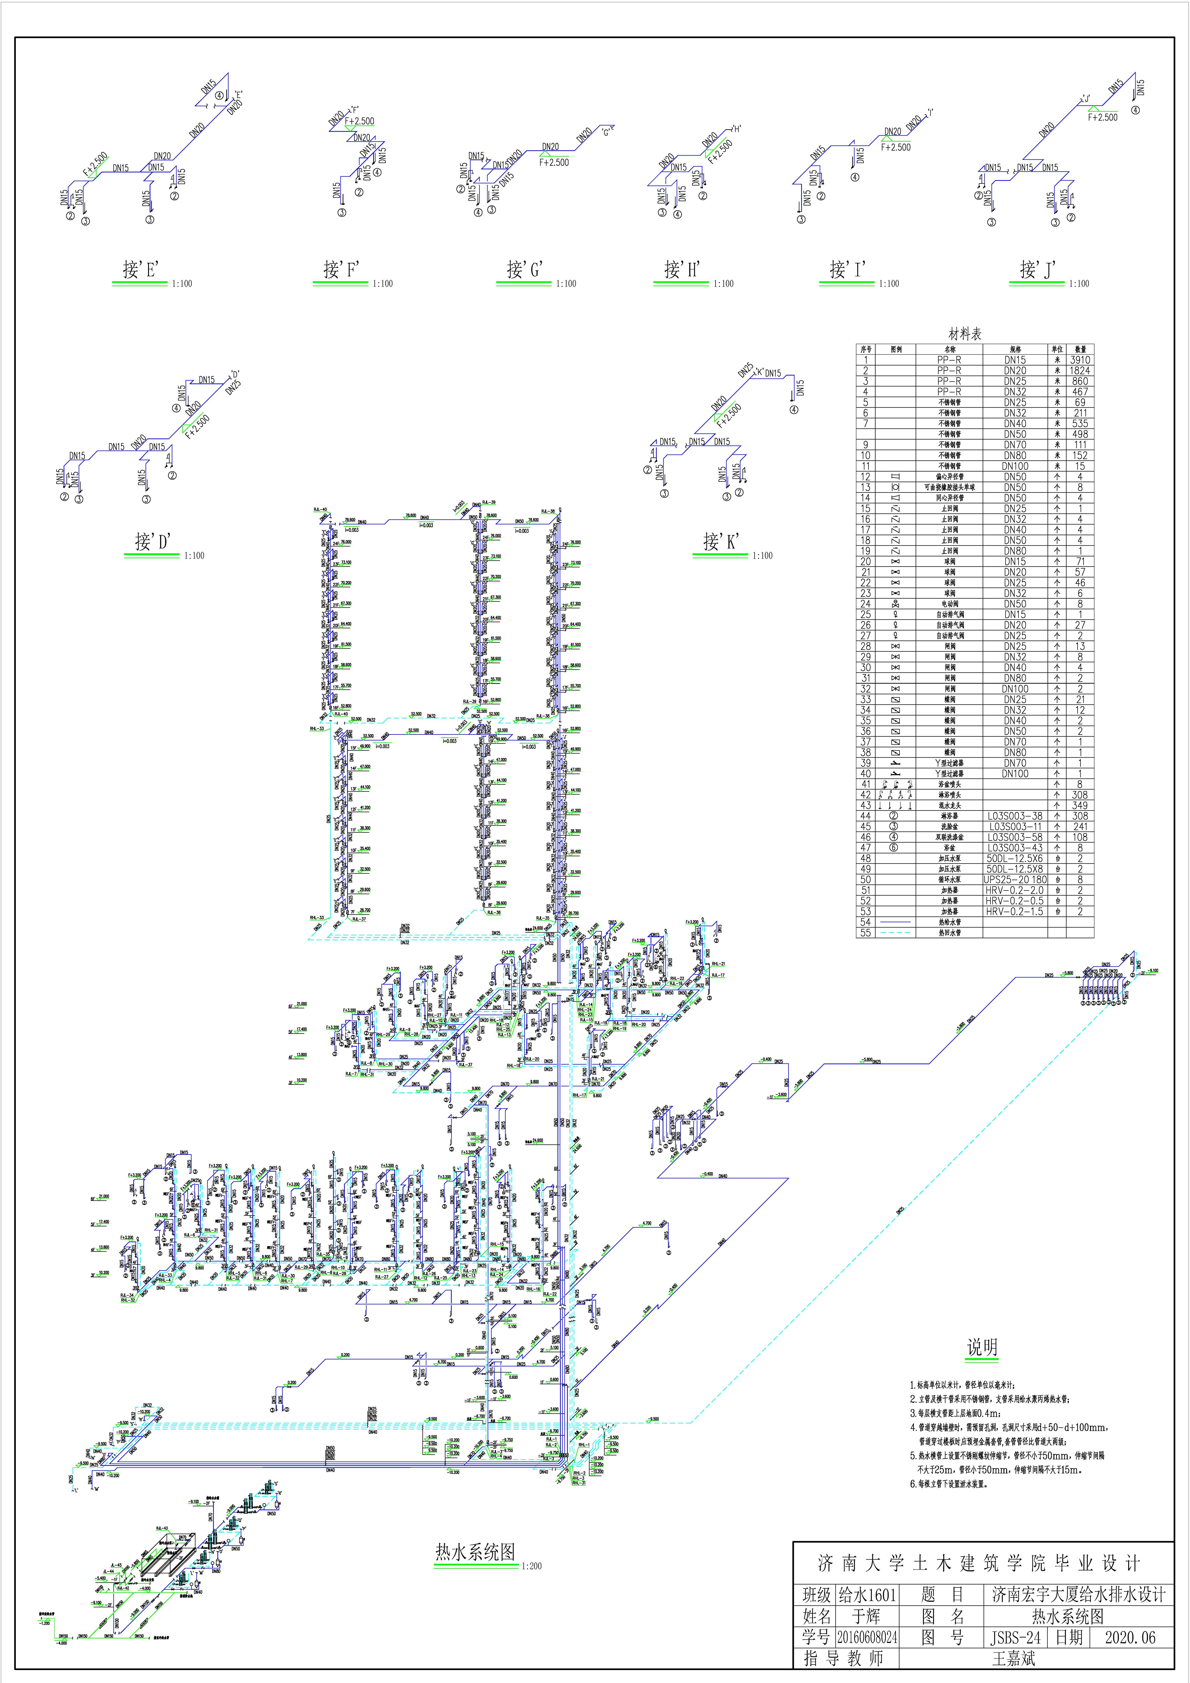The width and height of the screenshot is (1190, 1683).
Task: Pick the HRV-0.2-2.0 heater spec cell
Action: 1015,890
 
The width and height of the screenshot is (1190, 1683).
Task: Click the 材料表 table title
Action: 965,334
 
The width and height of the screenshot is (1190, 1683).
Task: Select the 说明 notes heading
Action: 982,1347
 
